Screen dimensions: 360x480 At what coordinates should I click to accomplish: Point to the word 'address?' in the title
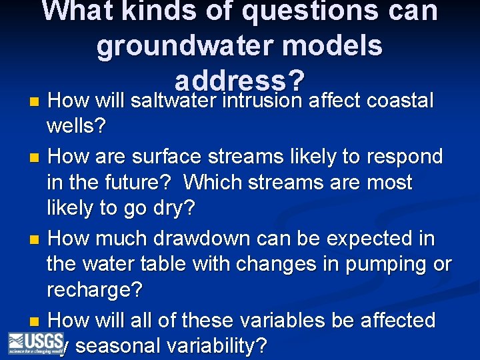pyautogui.click(x=240, y=80)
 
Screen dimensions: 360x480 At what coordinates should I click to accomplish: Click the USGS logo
pyautogui.click(x=35, y=343)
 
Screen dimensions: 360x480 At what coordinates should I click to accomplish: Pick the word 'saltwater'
pyautogui.click(x=175, y=101)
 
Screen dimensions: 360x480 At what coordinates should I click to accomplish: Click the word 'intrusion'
pyautogui.click(x=265, y=101)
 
